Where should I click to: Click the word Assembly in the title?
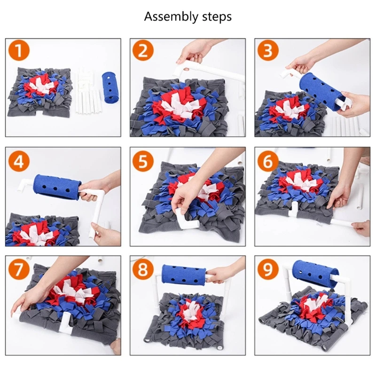[171, 17]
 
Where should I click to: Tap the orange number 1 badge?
[19, 51]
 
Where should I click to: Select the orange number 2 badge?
[143, 51]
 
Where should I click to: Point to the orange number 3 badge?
[268, 51]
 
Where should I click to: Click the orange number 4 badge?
[19, 161]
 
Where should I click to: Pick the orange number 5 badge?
[143, 161]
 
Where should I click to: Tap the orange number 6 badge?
[268, 161]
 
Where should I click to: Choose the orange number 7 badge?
[19, 269]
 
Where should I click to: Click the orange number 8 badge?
[143, 269]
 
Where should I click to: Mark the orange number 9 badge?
[268, 269]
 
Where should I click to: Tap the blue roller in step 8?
[184, 275]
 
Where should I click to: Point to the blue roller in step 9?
[315, 274]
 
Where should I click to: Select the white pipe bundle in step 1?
[87, 92]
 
